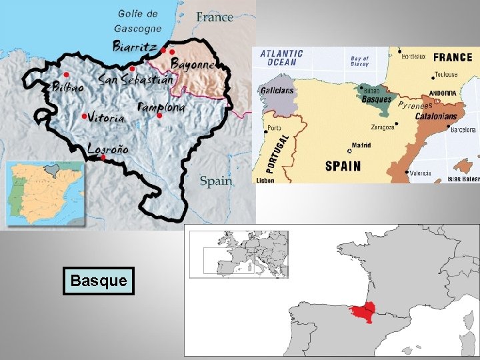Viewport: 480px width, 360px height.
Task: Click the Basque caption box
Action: (99, 281)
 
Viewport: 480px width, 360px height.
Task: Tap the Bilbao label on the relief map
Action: (69, 87)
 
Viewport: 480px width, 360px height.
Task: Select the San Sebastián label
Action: (135, 79)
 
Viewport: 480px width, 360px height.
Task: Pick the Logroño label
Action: (109, 149)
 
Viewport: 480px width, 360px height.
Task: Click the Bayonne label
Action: (192, 65)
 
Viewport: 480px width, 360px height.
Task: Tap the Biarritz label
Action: (135, 47)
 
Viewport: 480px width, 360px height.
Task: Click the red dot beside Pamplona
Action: (159, 116)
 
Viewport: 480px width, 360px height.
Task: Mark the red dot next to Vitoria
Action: (84, 116)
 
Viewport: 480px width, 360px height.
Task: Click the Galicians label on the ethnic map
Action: (277, 91)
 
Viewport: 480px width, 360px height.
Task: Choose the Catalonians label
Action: (436, 116)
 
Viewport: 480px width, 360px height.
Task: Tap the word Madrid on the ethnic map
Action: (361, 145)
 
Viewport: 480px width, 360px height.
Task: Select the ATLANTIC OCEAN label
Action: (281, 57)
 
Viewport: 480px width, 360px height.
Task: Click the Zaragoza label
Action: (383, 127)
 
